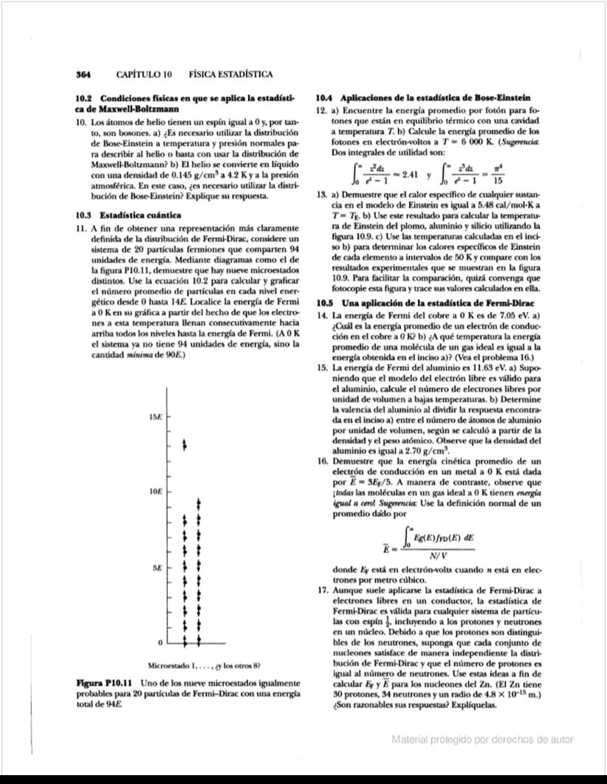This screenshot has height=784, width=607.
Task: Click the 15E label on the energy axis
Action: coord(154,419)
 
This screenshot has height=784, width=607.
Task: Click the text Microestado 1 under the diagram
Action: coord(173,663)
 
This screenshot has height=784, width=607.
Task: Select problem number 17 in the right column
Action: coord(320,591)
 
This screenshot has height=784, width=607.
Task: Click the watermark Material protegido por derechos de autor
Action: coord(482,740)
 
